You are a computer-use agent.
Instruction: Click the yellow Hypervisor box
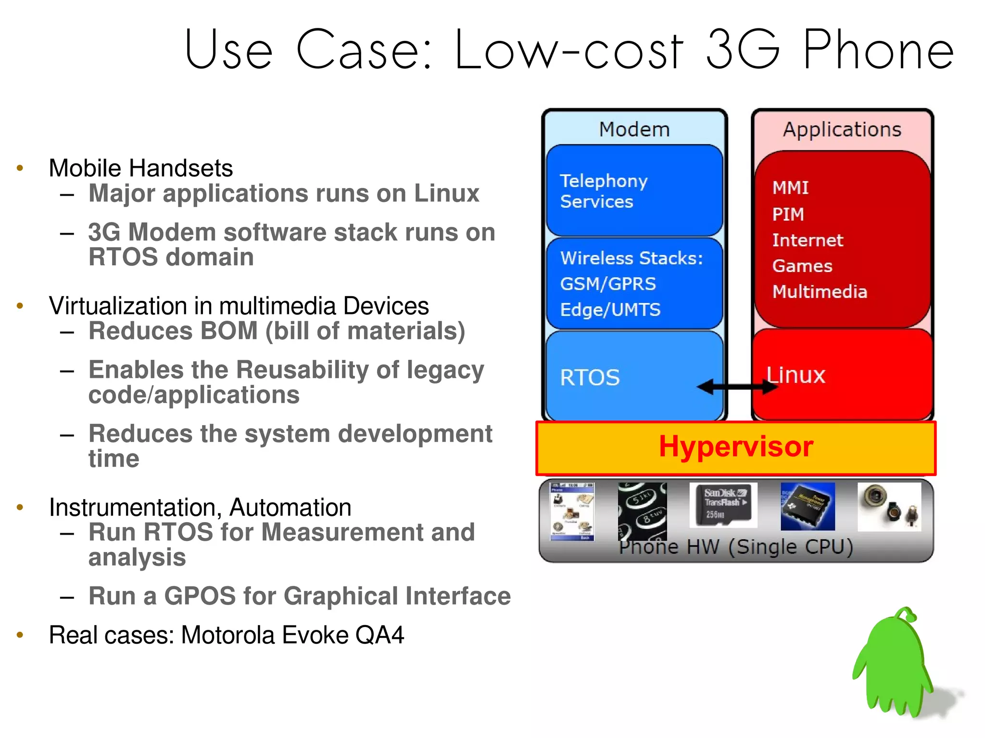click(x=736, y=447)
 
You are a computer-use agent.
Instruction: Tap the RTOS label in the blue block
click(x=590, y=377)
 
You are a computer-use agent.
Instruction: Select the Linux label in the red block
click(x=796, y=375)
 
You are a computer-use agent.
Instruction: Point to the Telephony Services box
click(x=634, y=191)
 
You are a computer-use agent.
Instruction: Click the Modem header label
click(x=634, y=129)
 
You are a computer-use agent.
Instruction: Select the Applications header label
click(x=842, y=129)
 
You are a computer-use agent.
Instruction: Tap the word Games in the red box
click(x=802, y=266)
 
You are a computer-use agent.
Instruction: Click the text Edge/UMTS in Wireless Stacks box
click(x=610, y=310)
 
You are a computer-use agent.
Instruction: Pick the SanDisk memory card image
click(x=723, y=505)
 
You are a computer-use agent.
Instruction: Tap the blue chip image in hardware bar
click(x=808, y=506)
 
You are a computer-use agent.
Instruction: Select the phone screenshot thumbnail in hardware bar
click(x=572, y=512)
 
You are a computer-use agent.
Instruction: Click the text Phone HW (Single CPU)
click(x=736, y=547)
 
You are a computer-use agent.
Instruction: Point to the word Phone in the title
click(x=878, y=50)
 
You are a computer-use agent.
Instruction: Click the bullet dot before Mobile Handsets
click(x=20, y=168)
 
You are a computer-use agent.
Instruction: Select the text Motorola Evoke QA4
click(x=292, y=635)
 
